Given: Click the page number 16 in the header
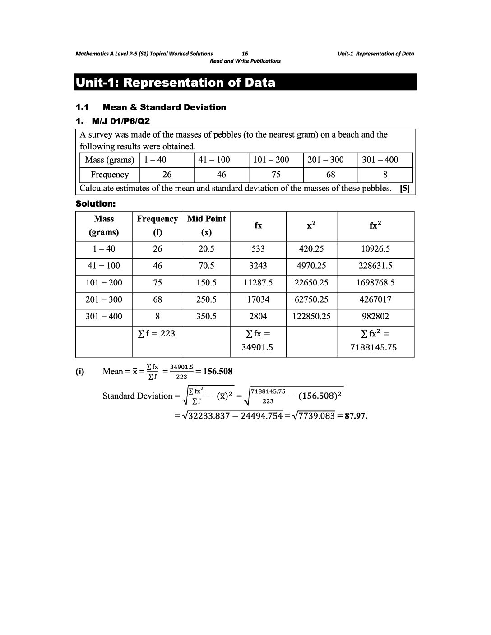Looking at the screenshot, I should (245, 54).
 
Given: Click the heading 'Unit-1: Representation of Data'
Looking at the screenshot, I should (175, 83).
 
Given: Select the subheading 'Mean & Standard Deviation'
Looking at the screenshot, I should (164, 107).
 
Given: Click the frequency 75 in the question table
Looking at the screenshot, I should (276, 175).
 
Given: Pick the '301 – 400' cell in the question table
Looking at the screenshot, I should (380, 160).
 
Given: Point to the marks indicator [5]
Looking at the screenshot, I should (405, 189).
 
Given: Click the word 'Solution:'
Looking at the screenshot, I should (96, 204).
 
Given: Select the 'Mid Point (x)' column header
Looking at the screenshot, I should (206, 225).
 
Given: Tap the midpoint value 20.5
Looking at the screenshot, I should (206, 249).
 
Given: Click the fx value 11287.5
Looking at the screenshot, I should (258, 283).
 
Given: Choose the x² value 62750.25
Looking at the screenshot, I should (311, 299).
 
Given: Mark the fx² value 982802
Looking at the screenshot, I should (375, 317).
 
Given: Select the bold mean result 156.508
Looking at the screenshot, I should (218, 372).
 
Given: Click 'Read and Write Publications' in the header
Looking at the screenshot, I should (245, 61).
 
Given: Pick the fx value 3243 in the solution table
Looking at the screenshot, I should (258, 266).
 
